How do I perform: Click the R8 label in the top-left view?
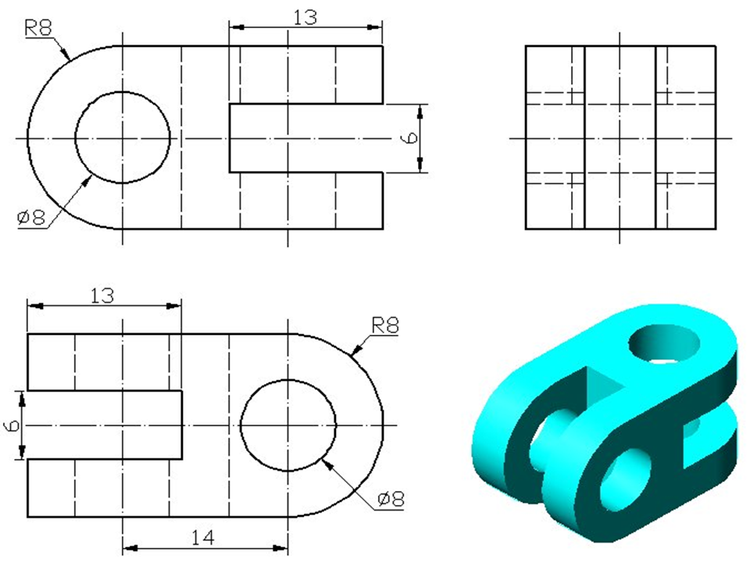[x=37, y=29]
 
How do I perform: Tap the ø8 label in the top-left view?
[x=31, y=218]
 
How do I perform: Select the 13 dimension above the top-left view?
[x=305, y=18]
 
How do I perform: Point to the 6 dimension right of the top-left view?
[x=410, y=137]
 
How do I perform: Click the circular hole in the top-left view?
[x=75, y=137]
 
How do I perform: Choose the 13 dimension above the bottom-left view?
[x=102, y=296]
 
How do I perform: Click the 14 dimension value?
[x=203, y=538]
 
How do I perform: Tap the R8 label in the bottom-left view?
[x=385, y=326]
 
